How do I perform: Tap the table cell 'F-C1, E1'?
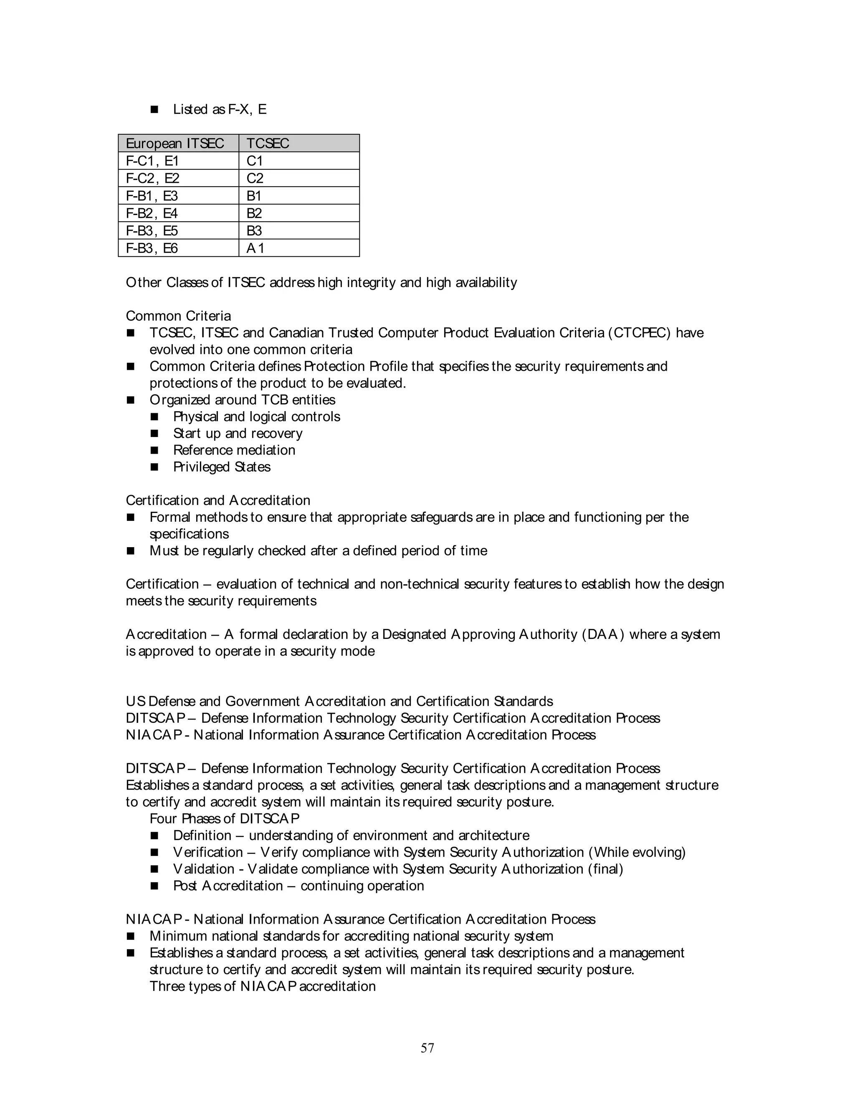(x=152, y=161)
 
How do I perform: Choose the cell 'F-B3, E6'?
(x=152, y=249)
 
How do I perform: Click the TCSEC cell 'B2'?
(x=254, y=214)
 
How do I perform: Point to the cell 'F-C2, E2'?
(x=152, y=179)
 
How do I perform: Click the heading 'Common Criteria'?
(x=178, y=316)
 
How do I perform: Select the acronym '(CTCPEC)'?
(x=639, y=333)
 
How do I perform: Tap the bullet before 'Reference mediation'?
(x=154, y=450)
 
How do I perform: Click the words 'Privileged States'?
(x=222, y=467)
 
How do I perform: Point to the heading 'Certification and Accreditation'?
(x=218, y=500)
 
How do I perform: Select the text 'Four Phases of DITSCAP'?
(x=224, y=819)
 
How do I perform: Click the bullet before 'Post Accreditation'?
(x=154, y=886)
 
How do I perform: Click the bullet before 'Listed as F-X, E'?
(x=154, y=109)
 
